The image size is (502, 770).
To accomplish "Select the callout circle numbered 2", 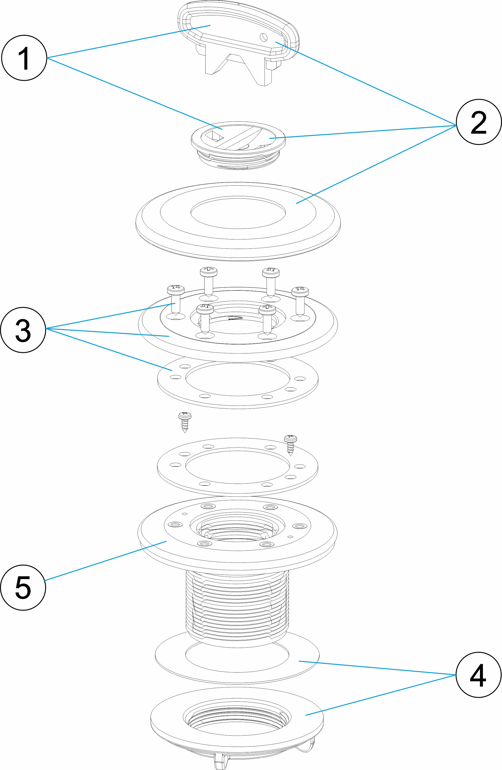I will click(x=478, y=122).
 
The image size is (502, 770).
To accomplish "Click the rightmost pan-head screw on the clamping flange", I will click(x=300, y=301).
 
